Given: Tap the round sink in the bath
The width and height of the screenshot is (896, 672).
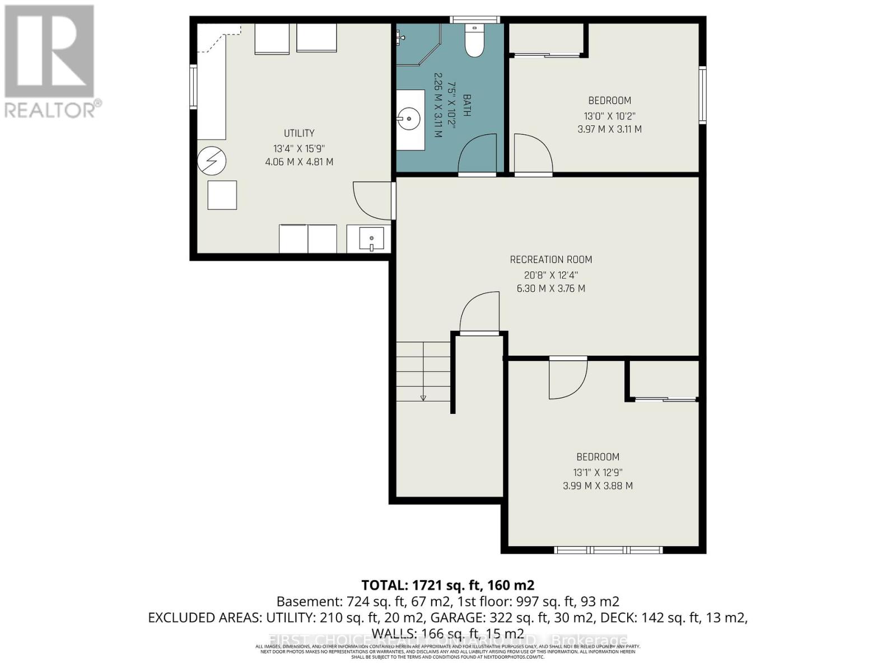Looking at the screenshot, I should click(410, 119).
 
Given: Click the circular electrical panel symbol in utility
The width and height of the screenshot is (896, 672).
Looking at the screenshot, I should click(212, 161).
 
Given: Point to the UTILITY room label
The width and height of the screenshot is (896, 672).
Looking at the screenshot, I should click(299, 133).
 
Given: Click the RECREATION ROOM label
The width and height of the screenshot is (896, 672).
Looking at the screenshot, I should click(550, 260).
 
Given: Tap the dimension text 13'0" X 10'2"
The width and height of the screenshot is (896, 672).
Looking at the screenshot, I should click(609, 116).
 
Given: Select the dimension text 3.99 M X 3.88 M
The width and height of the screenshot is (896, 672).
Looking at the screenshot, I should click(598, 486).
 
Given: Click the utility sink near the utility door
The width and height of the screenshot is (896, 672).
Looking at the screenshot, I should click(371, 239).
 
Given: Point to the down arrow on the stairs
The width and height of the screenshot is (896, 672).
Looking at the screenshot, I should click(423, 398).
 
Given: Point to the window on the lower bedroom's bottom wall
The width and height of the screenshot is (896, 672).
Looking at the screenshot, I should click(608, 550).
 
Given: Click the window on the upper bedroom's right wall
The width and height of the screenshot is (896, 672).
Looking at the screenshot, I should click(702, 95).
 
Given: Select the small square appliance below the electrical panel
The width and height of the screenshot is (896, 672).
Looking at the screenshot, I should click(222, 195).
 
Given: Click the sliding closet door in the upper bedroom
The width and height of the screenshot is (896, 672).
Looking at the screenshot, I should click(547, 55).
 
